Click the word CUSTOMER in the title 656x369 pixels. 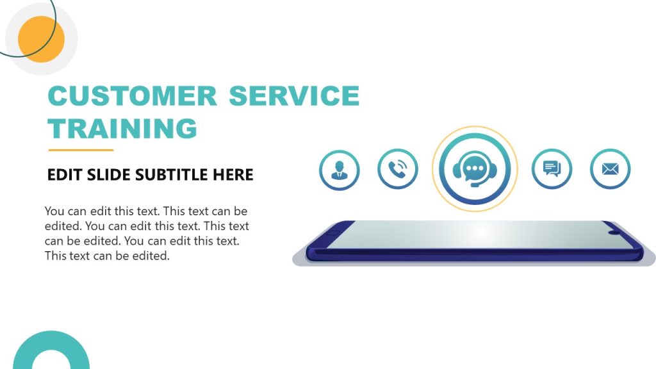point(132,96)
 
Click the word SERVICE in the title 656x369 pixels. point(294,96)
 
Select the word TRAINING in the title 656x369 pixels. point(122,129)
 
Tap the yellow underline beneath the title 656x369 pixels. point(81,151)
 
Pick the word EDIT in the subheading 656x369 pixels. point(64,174)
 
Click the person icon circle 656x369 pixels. point(339,170)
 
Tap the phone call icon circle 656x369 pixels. point(398,169)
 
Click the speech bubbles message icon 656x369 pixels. point(552,169)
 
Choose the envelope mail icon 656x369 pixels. point(610,169)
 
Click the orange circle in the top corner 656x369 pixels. point(41,39)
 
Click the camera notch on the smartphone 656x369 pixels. point(614,231)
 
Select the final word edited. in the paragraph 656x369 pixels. point(151,256)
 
